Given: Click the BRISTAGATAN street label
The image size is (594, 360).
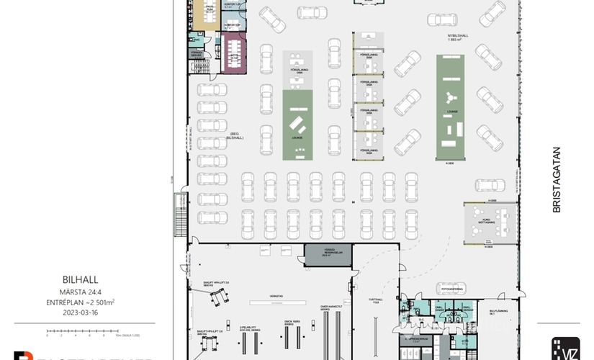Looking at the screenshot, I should click(x=556, y=180).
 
